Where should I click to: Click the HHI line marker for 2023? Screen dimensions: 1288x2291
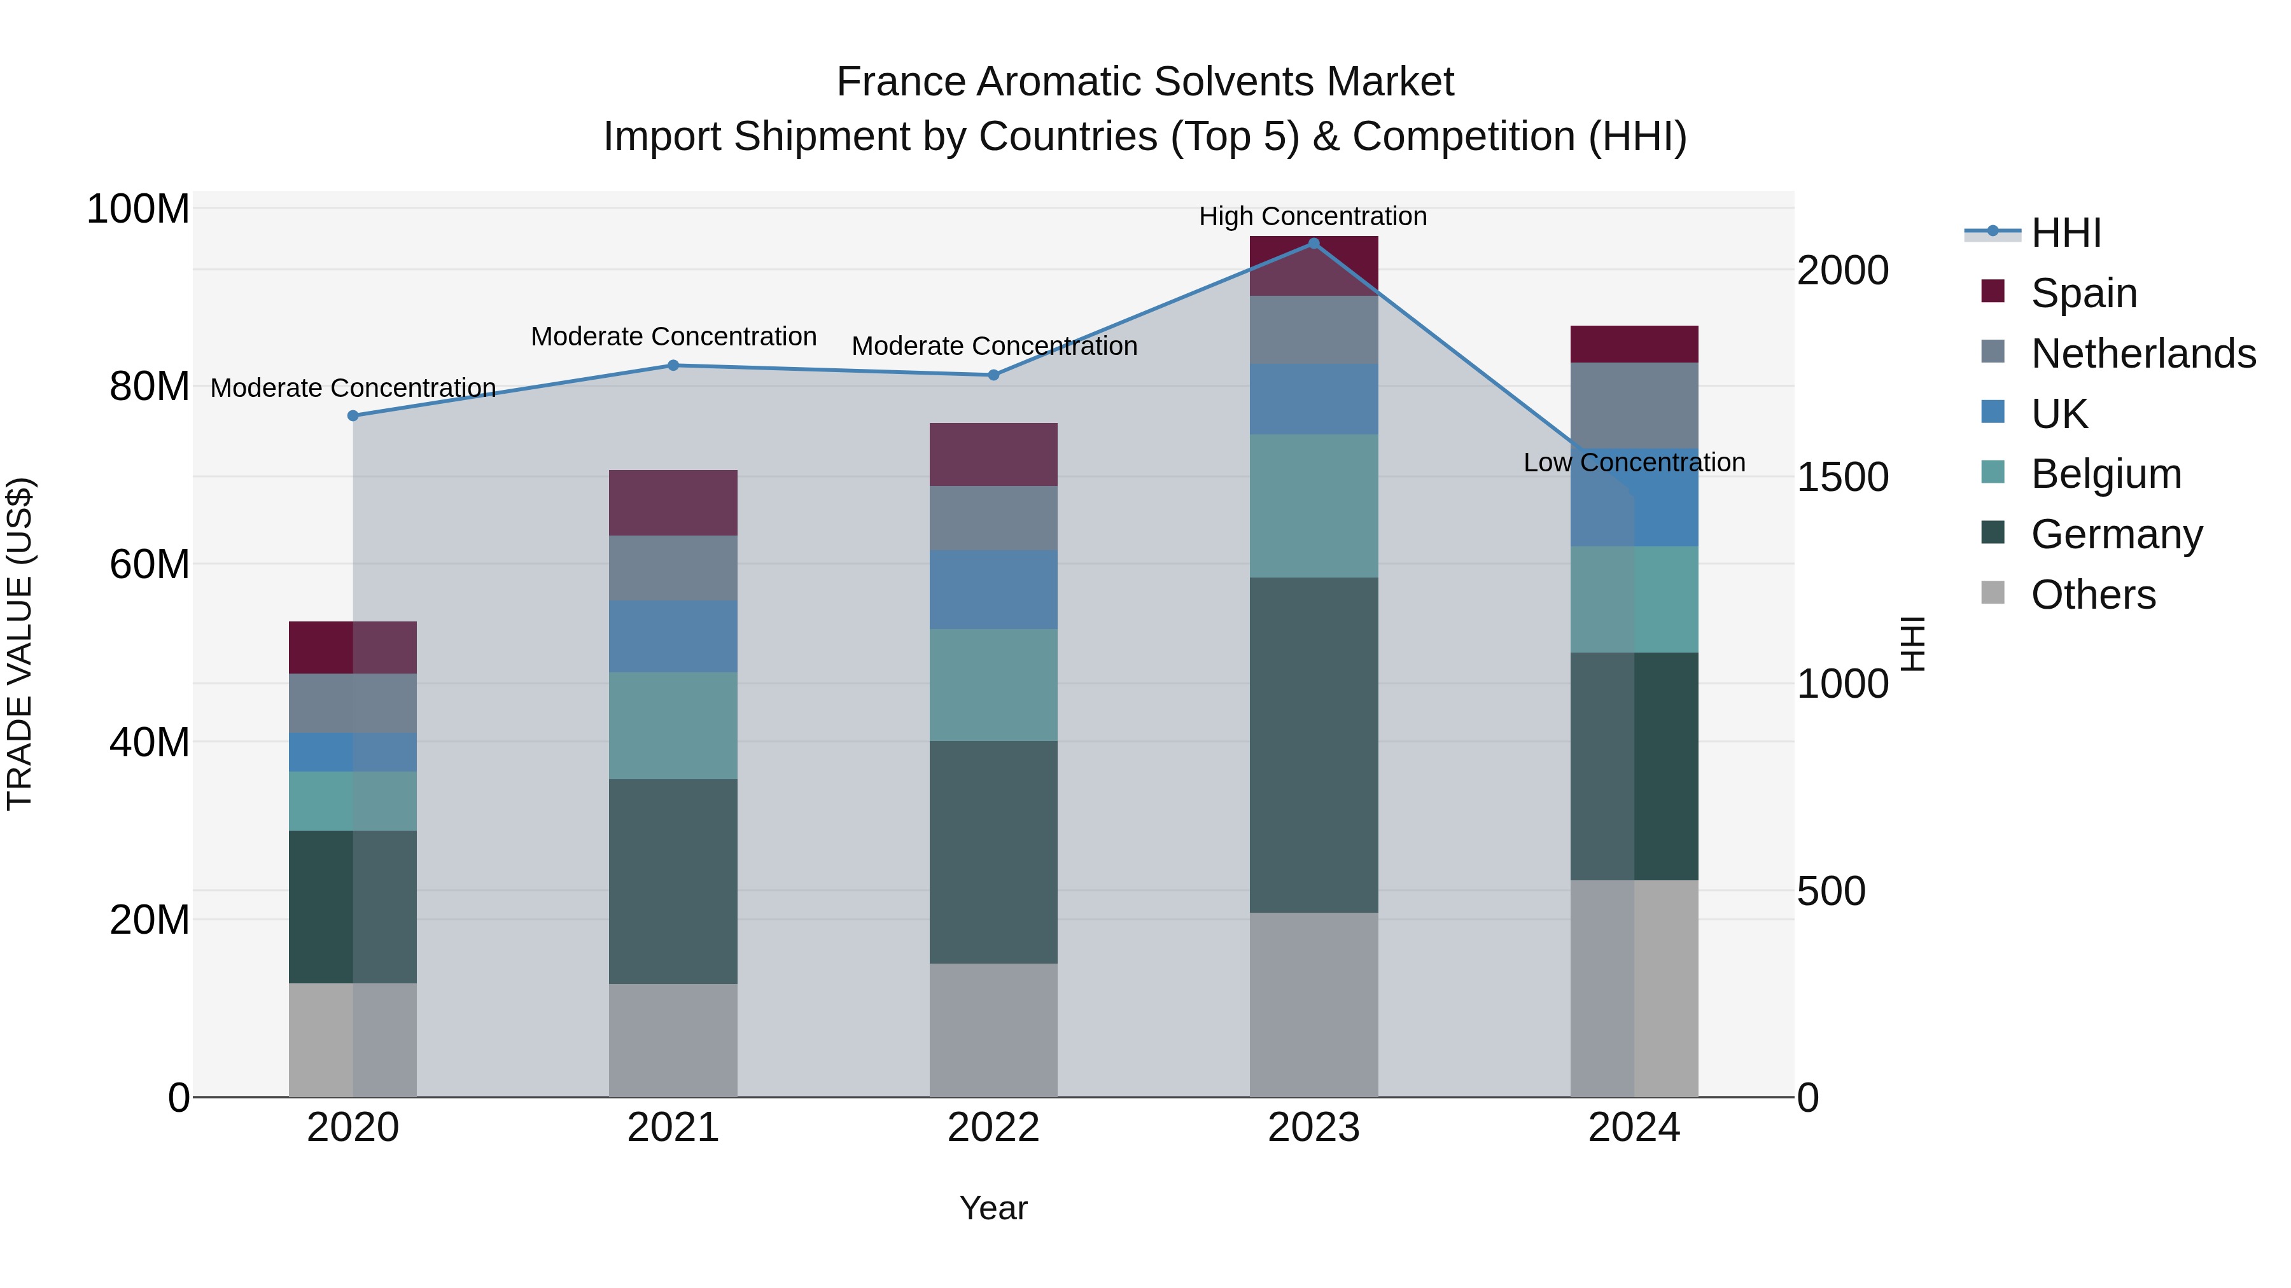point(1314,244)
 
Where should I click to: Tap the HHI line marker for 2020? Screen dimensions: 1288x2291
point(353,416)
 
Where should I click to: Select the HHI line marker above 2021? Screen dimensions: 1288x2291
point(673,365)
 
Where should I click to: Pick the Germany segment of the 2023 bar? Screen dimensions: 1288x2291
point(1314,745)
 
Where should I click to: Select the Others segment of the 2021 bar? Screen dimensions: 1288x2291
point(673,1040)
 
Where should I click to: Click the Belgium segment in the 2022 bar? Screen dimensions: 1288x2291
point(993,685)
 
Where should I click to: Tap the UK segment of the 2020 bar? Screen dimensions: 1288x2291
point(353,752)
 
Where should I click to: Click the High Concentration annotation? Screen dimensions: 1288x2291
point(1313,216)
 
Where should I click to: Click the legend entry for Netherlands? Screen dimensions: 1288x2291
point(2143,354)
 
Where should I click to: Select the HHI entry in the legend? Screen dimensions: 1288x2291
point(2066,233)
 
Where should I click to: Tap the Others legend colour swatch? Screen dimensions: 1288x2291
point(1993,592)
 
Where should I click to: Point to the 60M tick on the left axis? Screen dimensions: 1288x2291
point(150,564)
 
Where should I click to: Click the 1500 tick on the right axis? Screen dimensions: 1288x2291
point(1842,477)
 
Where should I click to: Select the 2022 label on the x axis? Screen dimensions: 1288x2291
point(993,1128)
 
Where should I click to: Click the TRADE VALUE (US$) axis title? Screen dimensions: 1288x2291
point(20,644)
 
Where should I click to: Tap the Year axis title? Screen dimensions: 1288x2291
point(993,1208)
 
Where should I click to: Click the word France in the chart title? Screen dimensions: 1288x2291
point(900,82)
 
